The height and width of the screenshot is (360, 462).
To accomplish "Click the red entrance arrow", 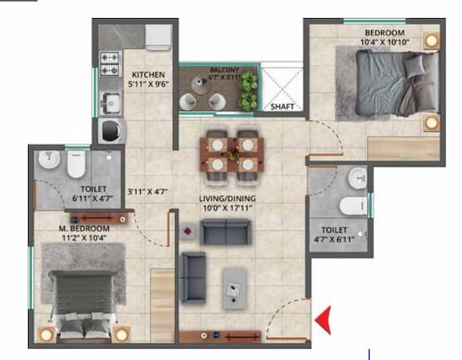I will pos(324,317).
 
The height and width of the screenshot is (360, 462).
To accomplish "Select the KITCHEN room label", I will pos(149,74).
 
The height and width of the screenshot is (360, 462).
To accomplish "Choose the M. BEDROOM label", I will pos(84,229).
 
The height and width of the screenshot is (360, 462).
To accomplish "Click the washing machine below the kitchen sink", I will pos(111,130).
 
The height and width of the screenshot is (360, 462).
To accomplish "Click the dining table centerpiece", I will pos(232,153).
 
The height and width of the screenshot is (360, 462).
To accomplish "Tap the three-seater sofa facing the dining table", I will pos(225,232).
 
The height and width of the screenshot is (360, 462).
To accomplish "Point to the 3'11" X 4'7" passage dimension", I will pos(148,192).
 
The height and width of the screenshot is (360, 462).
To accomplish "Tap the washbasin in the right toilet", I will pos(357,177).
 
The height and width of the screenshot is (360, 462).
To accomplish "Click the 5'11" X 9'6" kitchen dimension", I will pos(149,84).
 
